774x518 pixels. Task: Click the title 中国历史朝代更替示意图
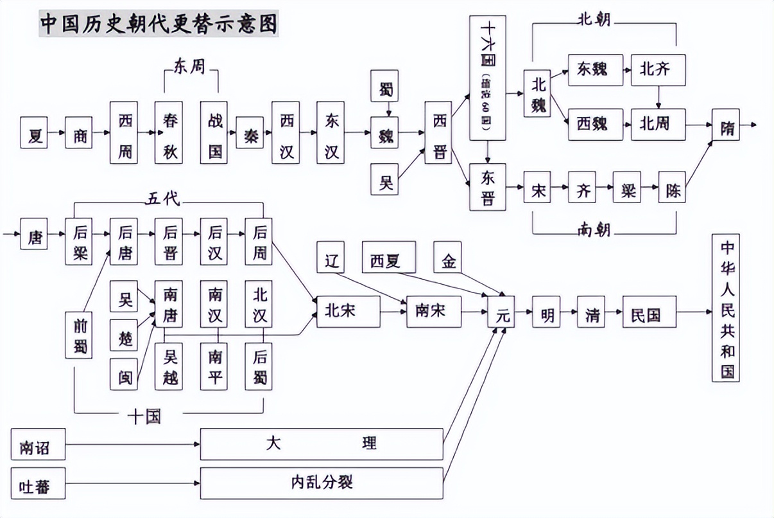click(159, 24)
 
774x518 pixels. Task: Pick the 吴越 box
click(169, 366)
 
